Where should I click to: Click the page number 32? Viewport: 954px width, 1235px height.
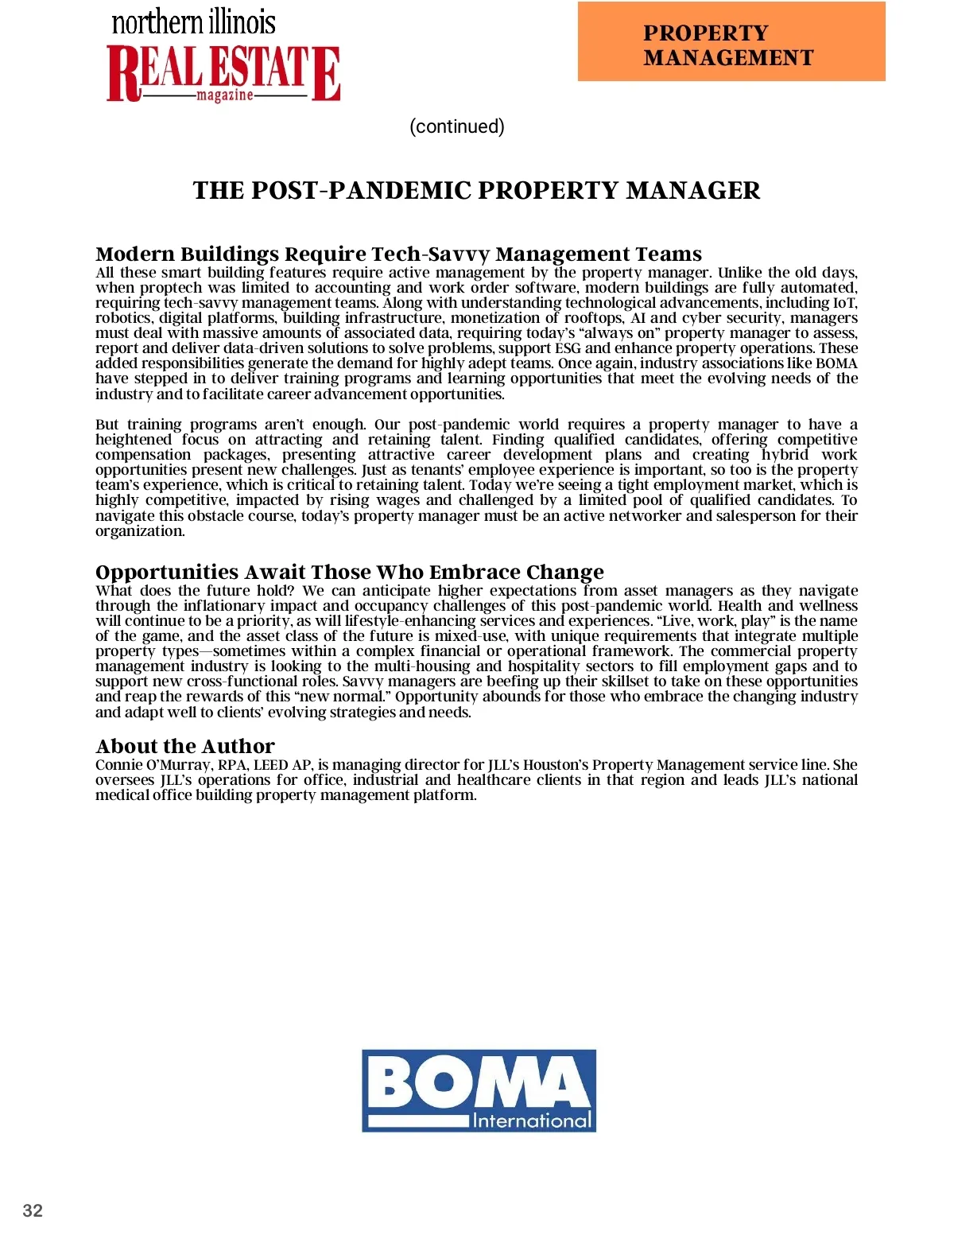[x=33, y=1210]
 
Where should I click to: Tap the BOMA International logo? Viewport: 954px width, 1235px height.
[x=479, y=1090]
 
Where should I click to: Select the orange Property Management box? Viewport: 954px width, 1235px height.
[x=731, y=41]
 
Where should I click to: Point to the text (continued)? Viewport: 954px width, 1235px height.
[x=457, y=126]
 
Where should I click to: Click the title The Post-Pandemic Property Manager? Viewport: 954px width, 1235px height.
[x=476, y=191]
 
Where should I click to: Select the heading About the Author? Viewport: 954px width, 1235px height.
[x=185, y=746]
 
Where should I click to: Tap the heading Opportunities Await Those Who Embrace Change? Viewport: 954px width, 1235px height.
[x=349, y=572]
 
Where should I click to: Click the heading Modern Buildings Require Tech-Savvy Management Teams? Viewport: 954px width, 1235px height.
[x=398, y=254]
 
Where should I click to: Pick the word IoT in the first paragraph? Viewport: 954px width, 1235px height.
[x=844, y=303]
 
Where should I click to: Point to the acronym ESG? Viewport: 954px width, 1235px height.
[x=568, y=348]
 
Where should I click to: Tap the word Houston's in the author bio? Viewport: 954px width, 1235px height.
[x=555, y=765]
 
